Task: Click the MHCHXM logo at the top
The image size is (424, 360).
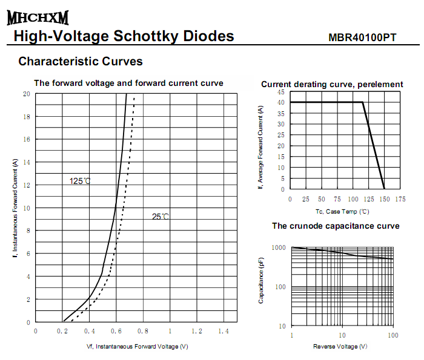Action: click(x=38, y=18)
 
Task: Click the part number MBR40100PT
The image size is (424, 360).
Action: click(x=362, y=38)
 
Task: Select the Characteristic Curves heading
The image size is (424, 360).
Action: click(x=81, y=61)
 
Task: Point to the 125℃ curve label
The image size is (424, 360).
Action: click(x=80, y=181)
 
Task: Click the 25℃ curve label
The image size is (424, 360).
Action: click(x=161, y=217)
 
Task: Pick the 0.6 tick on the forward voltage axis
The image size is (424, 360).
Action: click(x=116, y=332)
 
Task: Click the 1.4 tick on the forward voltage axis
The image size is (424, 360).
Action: click(x=224, y=332)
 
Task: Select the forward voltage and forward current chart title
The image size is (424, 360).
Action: click(x=128, y=83)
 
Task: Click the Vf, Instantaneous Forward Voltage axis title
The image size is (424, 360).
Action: click(x=137, y=346)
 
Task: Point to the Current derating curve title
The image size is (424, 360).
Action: click(x=332, y=84)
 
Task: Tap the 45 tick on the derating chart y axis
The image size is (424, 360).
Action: click(x=281, y=92)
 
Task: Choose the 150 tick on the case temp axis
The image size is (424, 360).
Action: click(x=385, y=199)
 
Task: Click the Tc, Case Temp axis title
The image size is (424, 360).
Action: click(x=342, y=211)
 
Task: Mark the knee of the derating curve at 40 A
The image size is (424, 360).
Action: click(x=363, y=102)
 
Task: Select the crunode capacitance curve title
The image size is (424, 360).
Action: click(x=336, y=226)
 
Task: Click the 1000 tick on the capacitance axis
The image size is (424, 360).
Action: click(x=278, y=247)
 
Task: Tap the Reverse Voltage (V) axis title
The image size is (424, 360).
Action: click(x=340, y=346)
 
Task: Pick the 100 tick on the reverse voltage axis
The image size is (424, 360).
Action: click(x=393, y=335)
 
